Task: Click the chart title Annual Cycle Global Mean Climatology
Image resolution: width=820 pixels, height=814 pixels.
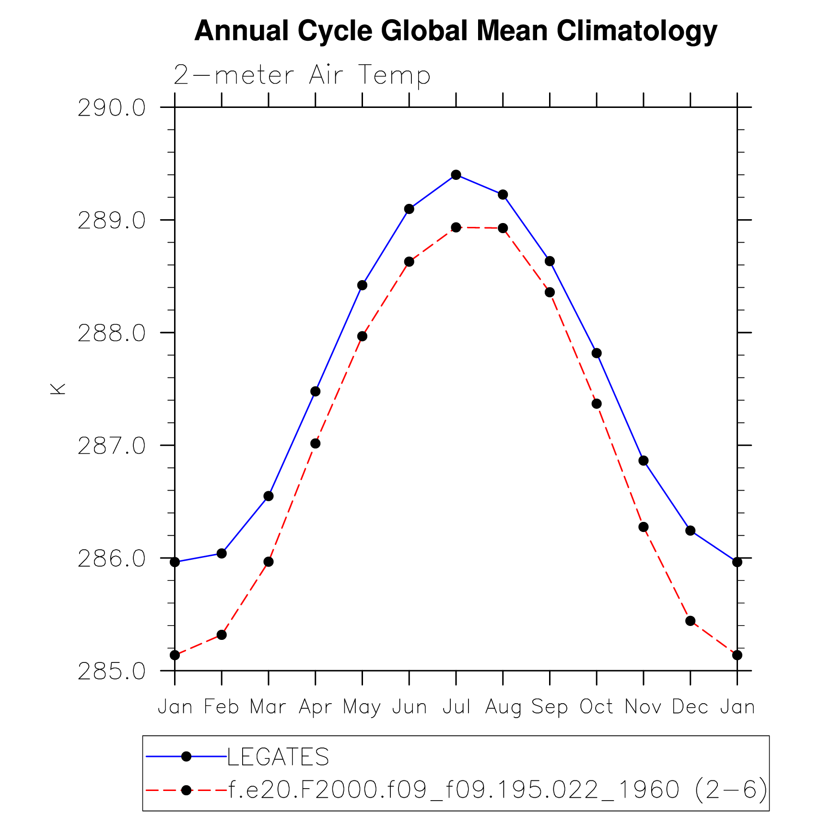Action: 455,31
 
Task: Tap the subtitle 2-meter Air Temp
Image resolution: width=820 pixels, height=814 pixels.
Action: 302,75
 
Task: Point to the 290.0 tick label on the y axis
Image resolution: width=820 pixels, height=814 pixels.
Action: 111,108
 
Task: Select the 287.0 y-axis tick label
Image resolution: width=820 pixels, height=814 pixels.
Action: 111,446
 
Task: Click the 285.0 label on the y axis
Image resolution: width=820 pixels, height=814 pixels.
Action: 111,671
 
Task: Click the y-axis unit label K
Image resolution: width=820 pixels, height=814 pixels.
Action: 58,389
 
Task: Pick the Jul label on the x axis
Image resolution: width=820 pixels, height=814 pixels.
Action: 456,707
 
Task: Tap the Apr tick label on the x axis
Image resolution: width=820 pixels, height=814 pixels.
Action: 315,707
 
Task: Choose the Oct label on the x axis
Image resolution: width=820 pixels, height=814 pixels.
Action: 596,707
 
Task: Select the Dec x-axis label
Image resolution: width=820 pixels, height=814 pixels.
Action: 690,707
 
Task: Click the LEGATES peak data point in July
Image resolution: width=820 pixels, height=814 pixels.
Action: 456,175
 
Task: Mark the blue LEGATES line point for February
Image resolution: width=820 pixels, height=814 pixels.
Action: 222,553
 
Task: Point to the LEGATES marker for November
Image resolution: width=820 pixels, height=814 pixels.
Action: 644,460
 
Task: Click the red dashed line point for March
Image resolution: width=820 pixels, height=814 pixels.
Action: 269,562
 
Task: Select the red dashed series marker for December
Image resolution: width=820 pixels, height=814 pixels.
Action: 691,621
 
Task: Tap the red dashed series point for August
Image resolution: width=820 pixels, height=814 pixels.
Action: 503,228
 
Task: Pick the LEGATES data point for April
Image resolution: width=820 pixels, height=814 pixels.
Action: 315,391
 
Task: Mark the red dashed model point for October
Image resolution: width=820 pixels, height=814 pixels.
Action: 597,404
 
